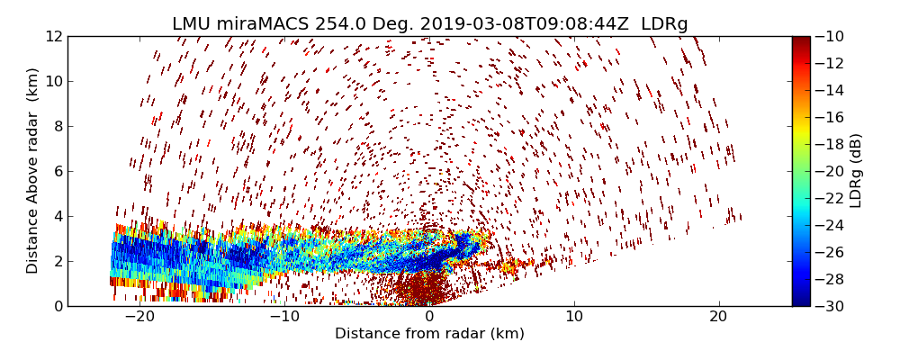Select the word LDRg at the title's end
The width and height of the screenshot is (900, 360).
pos(664,24)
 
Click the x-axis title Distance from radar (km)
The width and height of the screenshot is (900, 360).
pos(429,334)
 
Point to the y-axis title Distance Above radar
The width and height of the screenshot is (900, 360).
pos(33,171)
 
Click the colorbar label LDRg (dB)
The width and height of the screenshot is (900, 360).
pos(856,171)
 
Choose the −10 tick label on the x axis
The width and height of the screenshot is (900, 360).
pos(284,317)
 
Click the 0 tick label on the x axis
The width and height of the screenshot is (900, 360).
pos(429,317)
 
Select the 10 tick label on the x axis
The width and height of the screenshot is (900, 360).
pos(574,317)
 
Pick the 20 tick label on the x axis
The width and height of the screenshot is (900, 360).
pos(718,317)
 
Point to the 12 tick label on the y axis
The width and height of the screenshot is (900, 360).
pos(53,37)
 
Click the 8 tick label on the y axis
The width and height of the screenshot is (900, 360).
pos(57,127)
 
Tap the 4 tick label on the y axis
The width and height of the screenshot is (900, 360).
pos(57,217)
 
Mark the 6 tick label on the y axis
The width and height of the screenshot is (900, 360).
pos(57,172)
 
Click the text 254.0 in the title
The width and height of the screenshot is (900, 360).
pos(340,24)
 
